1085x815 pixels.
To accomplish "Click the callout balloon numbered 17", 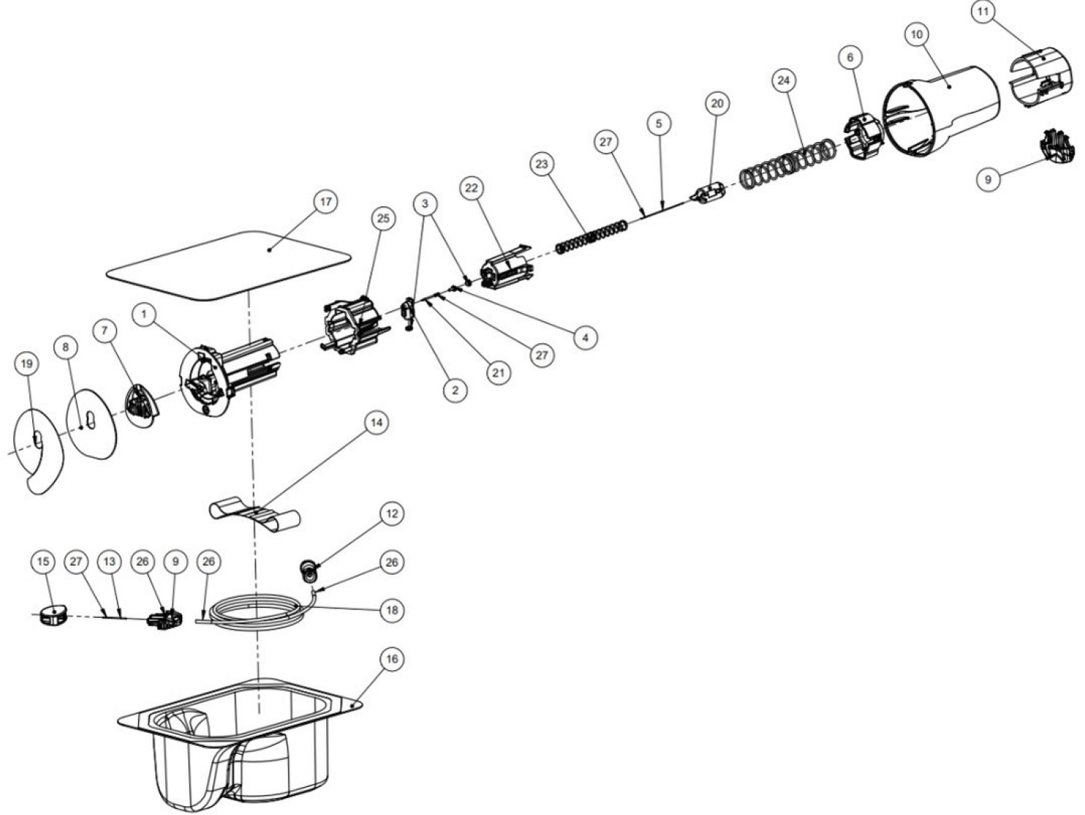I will point(324,201).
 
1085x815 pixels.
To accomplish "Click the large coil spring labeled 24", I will point(787,168).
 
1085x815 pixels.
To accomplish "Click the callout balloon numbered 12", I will point(392,513).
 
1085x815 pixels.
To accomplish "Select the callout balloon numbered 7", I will point(105,331).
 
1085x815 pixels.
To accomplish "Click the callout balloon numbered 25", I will point(383,218).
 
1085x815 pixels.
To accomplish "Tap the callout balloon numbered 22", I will point(472,188).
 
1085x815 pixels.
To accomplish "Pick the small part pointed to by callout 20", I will point(709,195).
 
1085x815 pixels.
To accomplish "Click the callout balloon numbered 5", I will point(658,123).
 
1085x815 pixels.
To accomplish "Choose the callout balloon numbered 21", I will point(499,373).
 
